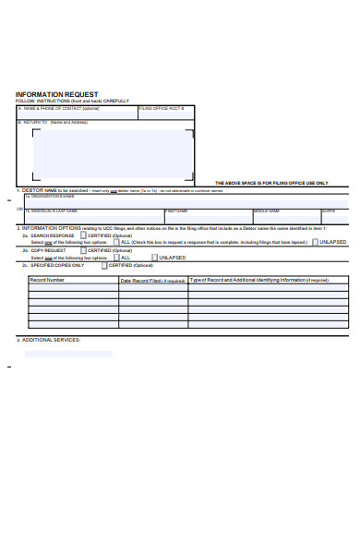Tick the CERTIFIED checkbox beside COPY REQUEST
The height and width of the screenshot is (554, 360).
(84, 250)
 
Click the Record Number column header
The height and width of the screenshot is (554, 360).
(47, 279)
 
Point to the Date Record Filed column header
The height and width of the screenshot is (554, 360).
(152, 279)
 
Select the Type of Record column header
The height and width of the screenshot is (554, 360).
(258, 279)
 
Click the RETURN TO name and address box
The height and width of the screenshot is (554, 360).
(113, 152)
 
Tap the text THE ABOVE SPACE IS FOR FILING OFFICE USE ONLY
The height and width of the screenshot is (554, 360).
(270, 183)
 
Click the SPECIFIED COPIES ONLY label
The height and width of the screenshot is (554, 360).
(58, 265)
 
